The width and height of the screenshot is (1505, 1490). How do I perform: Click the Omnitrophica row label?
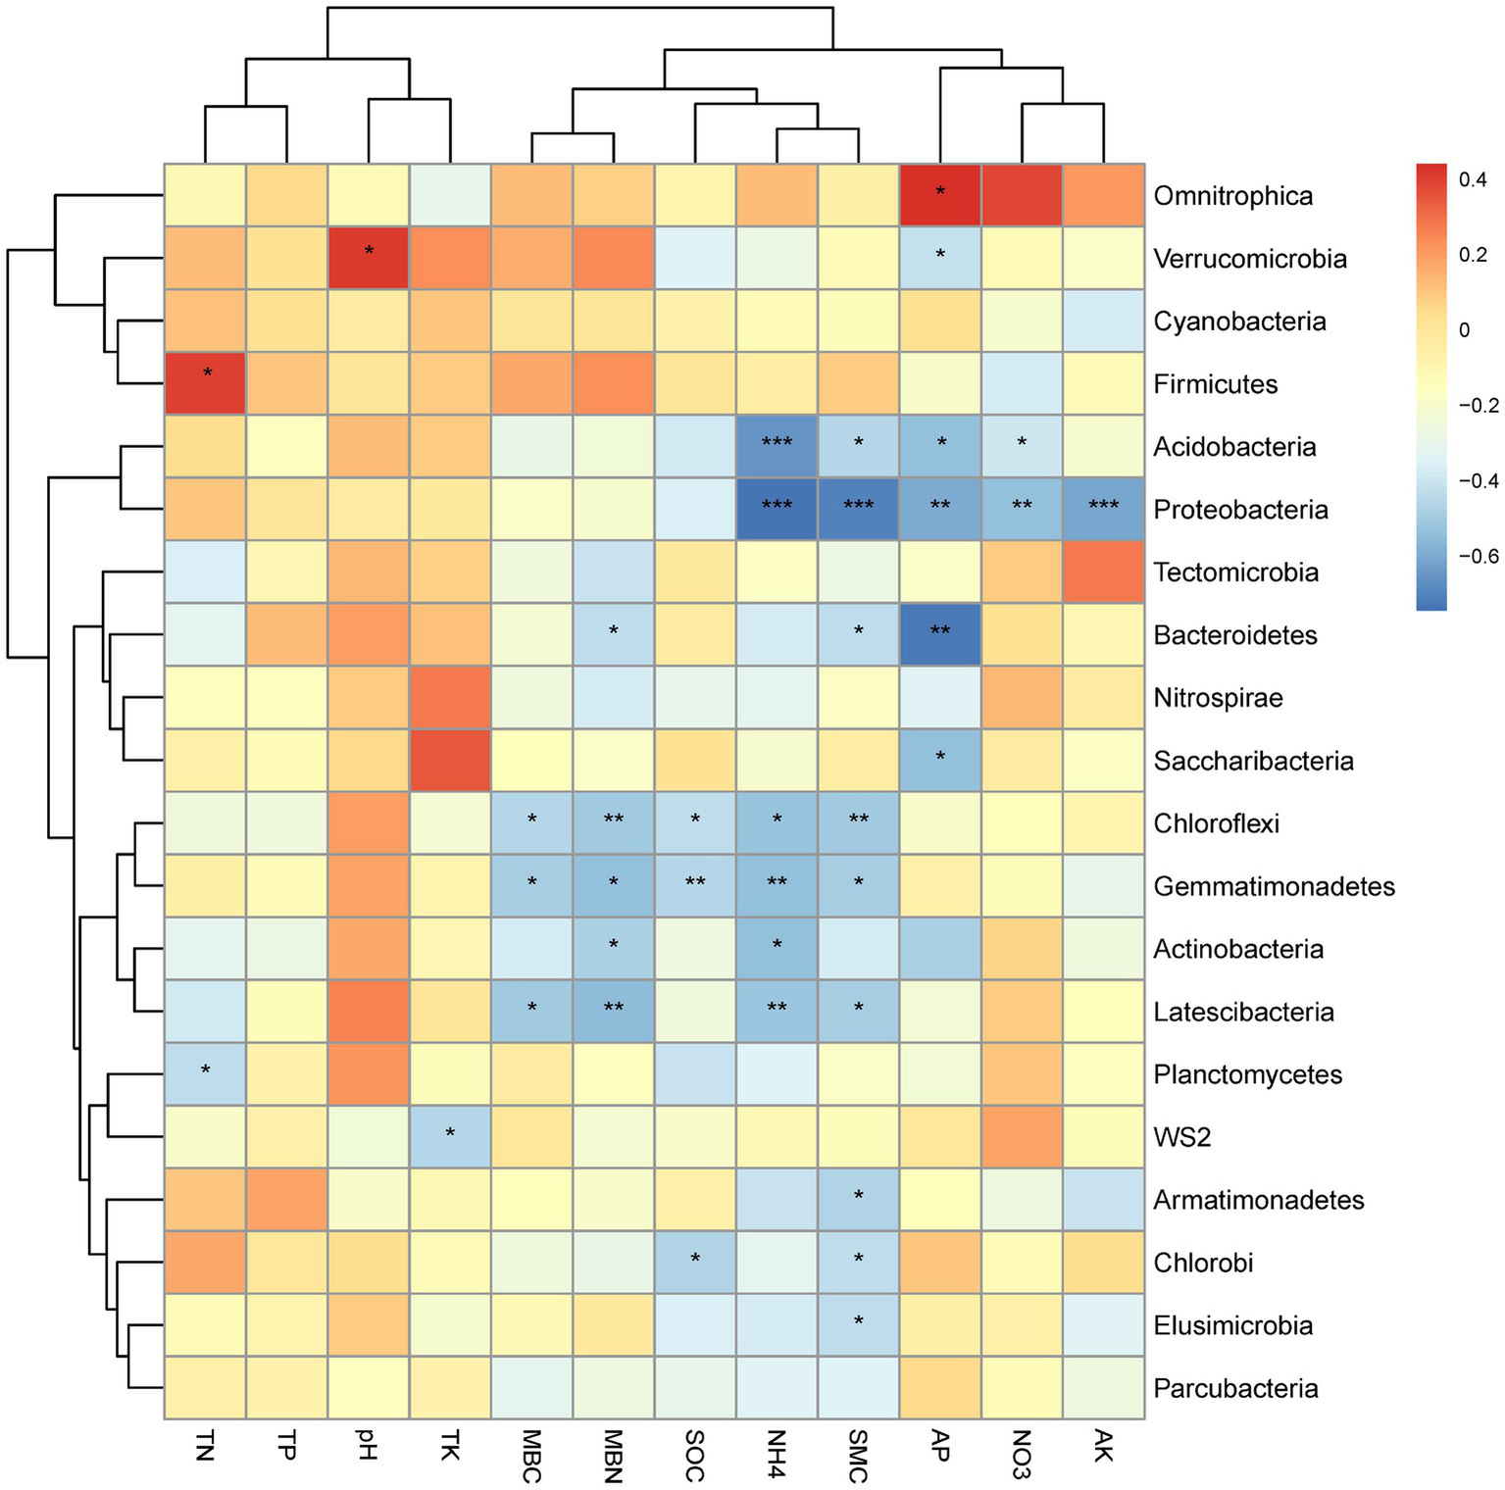(x=1232, y=196)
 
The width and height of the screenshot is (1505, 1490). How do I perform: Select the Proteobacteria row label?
(x=1240, y=510)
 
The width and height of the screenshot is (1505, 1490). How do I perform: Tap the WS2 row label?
(x=1181, y=1137)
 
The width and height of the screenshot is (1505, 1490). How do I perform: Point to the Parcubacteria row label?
(x=1235, y=1388)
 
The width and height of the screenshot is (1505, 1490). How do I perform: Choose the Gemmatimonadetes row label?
(x=1274, y=886)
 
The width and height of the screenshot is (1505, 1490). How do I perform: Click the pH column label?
(x=368, y=1445)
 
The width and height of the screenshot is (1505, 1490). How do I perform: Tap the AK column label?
(x=1103, y=1447)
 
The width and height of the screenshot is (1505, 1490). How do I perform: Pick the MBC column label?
(x=531, y=1457)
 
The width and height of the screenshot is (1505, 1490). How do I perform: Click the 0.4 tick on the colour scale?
(x=1472, y=179)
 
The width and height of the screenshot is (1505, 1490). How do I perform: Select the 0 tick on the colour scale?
(x=1465, y=330)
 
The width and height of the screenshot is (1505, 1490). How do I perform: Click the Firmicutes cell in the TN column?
(x=205, y=384)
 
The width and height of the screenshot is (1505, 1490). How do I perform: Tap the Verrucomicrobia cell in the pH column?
(x=369, y=259)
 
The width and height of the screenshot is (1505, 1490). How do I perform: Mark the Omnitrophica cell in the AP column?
(x=940, y=196)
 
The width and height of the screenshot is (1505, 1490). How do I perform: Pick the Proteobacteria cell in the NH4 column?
(x=777, y=510)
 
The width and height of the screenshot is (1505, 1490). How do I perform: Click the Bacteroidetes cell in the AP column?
(x=940, y=635)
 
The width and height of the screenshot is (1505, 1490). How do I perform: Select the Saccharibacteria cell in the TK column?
(x=450, y=761)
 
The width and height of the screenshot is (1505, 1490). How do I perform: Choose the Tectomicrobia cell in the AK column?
(x=1103, y=572)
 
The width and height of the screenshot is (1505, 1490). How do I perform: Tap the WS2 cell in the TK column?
(x=450, y=1137)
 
